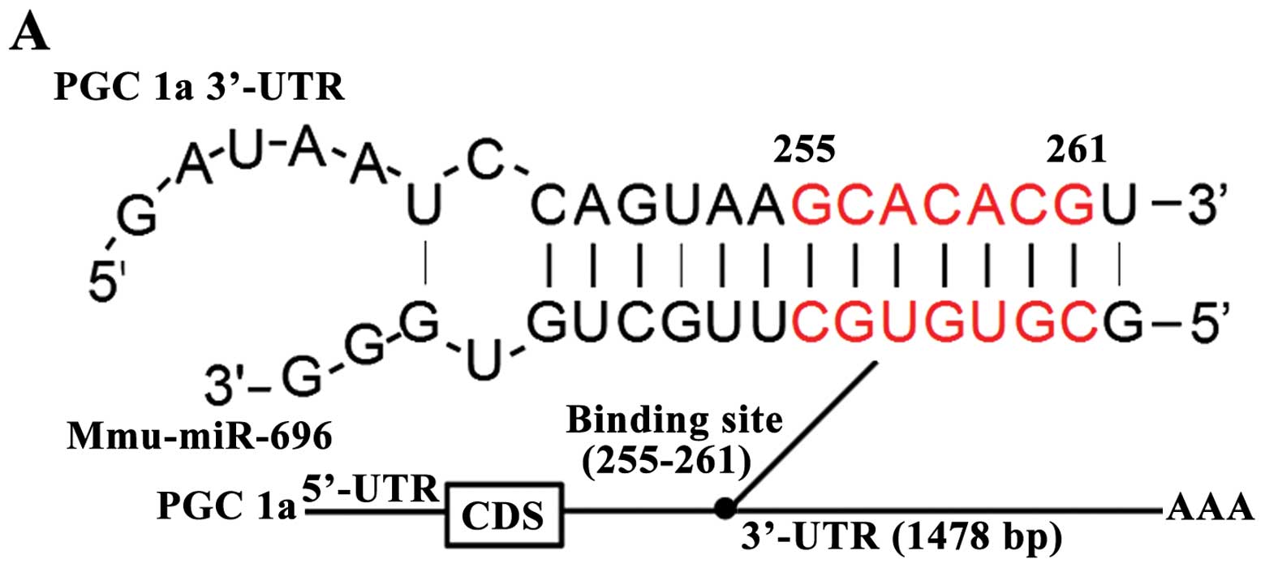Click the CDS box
coord(503,514)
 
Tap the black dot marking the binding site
coord(725,509)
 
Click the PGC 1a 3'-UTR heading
coord(200,87)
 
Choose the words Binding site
coord(674,424)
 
